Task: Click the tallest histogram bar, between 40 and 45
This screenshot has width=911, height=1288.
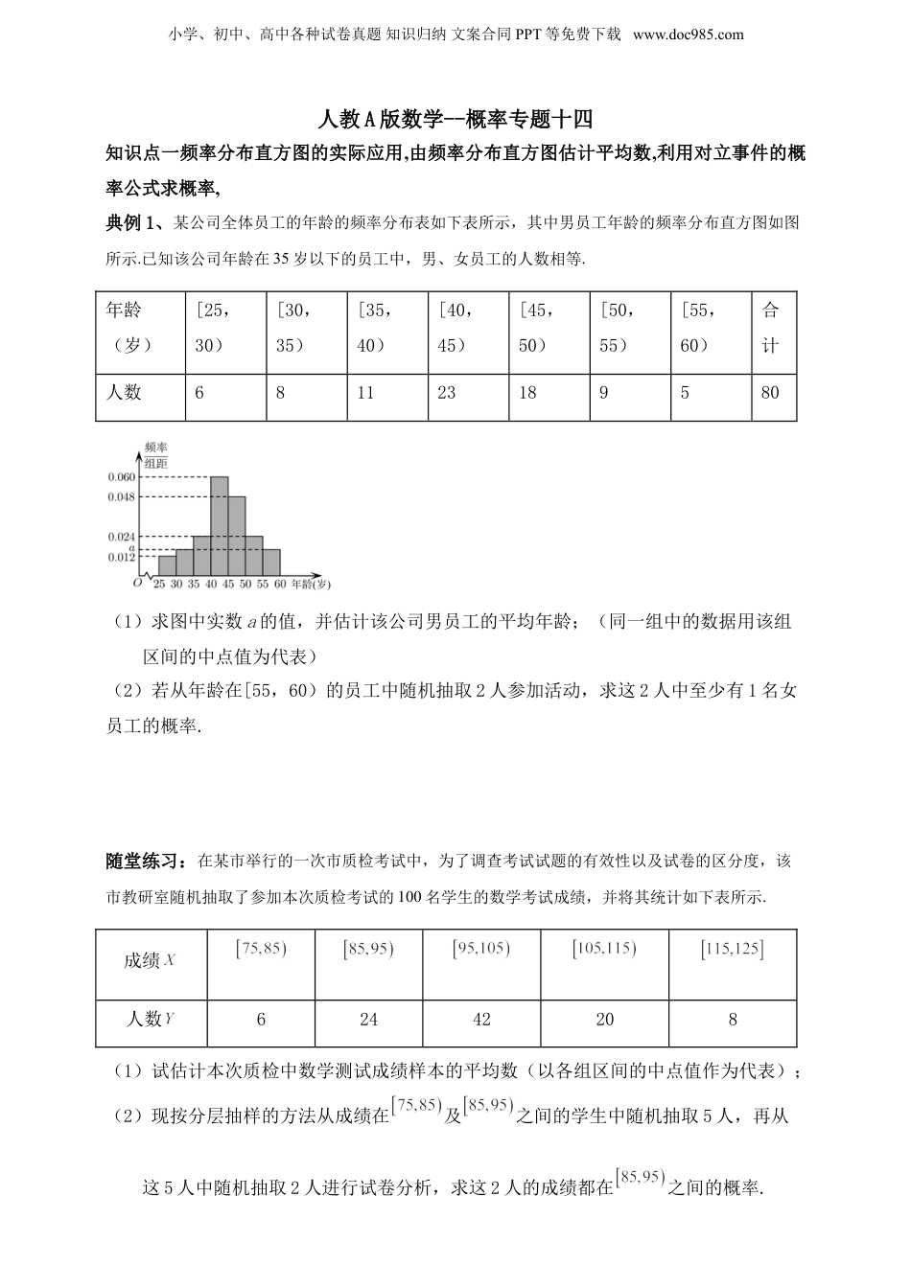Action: pos(219,525)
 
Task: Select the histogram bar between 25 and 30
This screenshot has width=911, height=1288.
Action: pos(167,565)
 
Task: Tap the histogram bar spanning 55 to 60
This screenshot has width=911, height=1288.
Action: pos(271,562)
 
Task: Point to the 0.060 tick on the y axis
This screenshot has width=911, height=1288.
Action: pos(122,477)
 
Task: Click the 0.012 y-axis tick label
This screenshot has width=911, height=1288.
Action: pos(122,557)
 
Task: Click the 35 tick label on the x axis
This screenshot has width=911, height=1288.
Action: pos(194,584)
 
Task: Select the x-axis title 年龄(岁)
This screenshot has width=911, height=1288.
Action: pos(311,584)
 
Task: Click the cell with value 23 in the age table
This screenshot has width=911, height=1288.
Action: pos(447,392)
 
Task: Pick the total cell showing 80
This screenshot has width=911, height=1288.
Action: pos(770,392)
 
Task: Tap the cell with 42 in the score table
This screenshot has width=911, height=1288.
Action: pos(481,1020)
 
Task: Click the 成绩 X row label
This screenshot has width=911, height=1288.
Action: pos(149,959)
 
